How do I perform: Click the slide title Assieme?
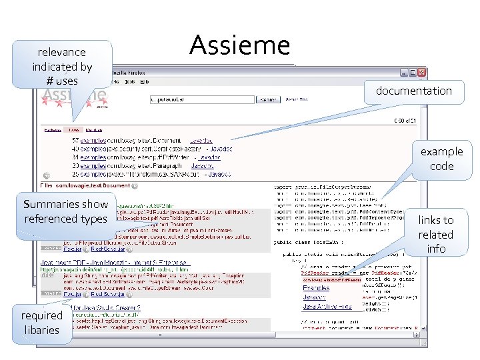pos(239,45)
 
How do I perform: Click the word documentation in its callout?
pos(413,91)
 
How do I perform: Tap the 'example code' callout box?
pos(441,159)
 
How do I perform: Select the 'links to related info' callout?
pos(435,234)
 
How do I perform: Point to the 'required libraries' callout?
pos(41,322)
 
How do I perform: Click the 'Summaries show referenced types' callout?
pos(65,211)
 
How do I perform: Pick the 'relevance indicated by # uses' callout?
pos(62,66)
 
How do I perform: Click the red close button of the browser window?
pos(421,72)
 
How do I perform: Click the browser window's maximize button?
pos(412,72)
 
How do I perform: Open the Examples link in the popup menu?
pos(316,288)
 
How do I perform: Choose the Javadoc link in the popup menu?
pos(315,297)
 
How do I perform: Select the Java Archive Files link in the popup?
pos(327,307)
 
